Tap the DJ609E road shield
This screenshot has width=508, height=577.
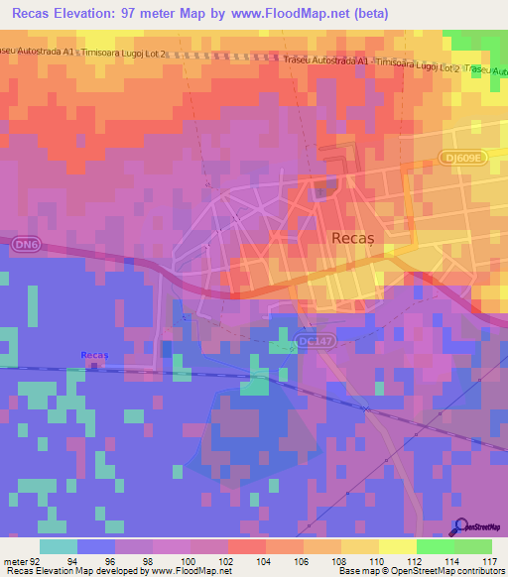[x=461, y=158]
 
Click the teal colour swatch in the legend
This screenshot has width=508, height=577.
[x=59, y=546]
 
